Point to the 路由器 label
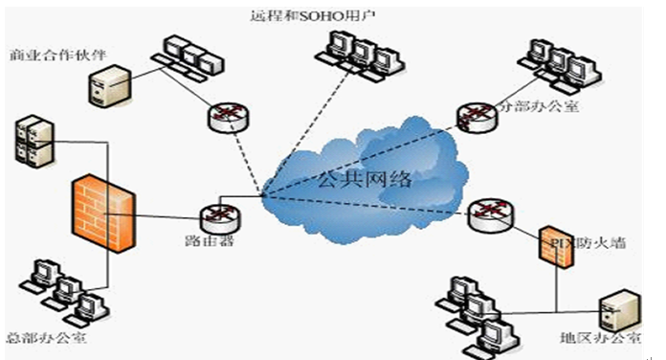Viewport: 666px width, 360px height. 213,241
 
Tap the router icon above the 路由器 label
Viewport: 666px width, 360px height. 215,217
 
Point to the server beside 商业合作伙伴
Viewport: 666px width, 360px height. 108,84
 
